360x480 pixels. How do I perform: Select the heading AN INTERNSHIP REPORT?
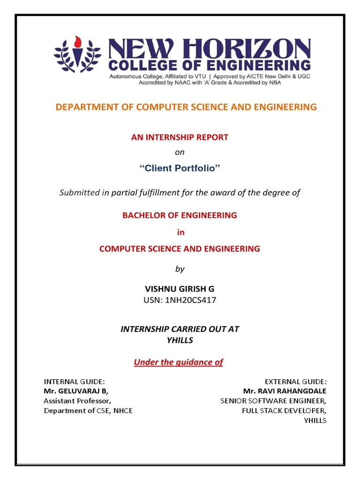tap(180, 137)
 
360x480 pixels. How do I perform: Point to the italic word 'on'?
tap(180, 152)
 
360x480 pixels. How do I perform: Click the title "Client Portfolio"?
tap(180, 168)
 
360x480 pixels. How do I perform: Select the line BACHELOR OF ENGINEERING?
tap(180, 216)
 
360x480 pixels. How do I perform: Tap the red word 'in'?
tap(180, 232)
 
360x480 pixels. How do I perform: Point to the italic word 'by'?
tap(180, 269)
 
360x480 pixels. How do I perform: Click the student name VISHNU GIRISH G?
tap(180, 289)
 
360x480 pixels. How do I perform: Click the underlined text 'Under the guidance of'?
tap(179, 362)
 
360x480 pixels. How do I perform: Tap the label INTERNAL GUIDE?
tap(74, 381)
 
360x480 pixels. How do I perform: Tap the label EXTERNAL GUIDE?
tap(296, 381)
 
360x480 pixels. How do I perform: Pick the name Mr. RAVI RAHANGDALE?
tap(285, 391)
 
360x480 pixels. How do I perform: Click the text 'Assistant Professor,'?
tap(78, 401)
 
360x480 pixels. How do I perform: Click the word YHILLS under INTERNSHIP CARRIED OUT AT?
tap(180, 341)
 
